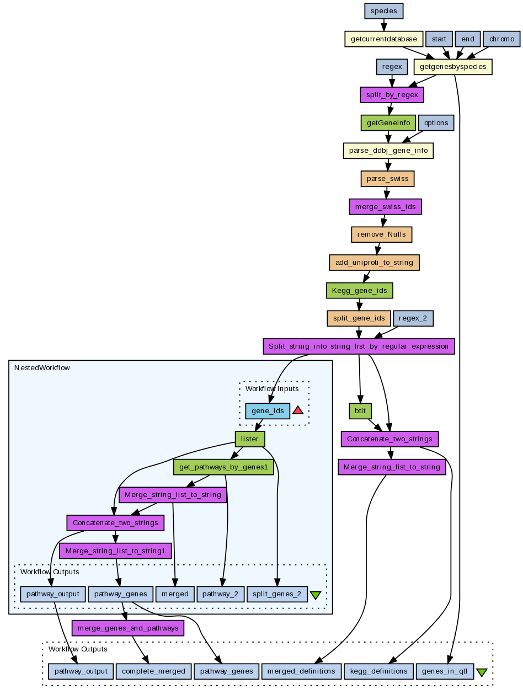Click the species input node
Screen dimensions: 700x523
[x=384, y=10]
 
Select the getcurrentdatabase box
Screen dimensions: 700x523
[x=383, y=39]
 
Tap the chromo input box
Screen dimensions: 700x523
[x=501, y=39]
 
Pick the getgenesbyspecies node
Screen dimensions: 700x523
[x=453, y=67]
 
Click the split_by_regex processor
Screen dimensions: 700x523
[x=392, y=95]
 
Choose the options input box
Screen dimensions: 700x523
[x=436, y=122]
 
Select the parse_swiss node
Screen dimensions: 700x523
[x=388, y=179]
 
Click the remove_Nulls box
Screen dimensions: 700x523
[x=381, y=234]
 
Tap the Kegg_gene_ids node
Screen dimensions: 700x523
[x=360, y=290]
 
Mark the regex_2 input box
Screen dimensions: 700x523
[x=413, y=318]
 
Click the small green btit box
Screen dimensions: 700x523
[x=360, y=411]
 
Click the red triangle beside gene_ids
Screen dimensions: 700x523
[x=298, y=410]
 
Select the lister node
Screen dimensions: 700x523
[x=250, y=439]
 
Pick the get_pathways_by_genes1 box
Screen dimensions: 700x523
[x=223, y=467]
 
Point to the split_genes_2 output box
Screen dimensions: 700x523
[x=277, y=594]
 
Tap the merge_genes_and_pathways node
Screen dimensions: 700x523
[x=128, y=628]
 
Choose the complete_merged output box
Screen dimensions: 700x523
[x=153, y=671]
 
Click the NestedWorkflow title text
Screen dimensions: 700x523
[x=42, y=367]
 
